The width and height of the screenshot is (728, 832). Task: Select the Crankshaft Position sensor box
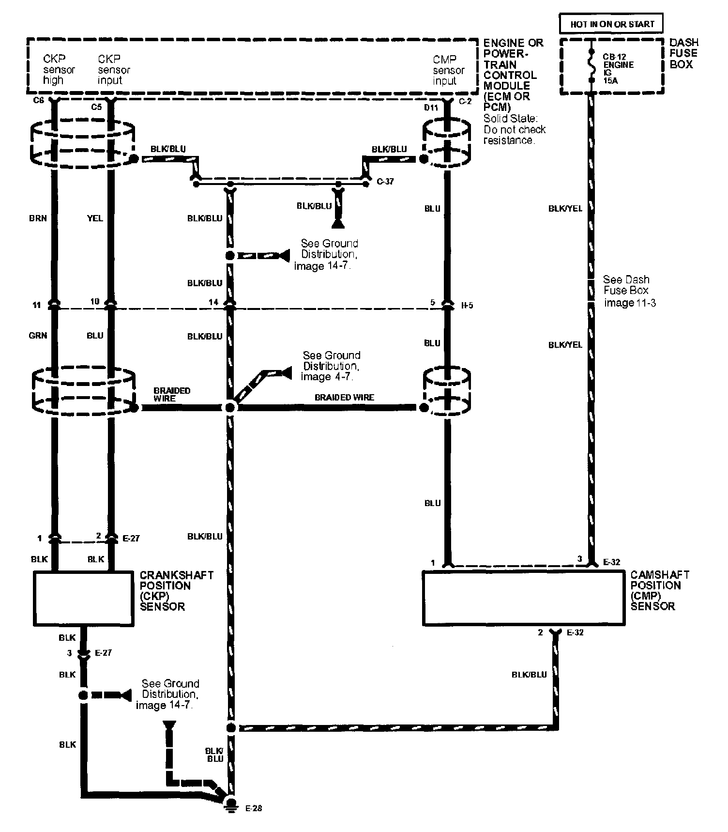83,599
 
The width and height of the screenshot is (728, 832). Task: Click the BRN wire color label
38,218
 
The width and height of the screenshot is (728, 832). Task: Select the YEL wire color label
95,218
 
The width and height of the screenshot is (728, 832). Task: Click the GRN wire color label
38,335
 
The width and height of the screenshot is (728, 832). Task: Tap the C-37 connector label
385,182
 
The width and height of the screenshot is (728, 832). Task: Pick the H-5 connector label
467,306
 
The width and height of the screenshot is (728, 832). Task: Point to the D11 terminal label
431,108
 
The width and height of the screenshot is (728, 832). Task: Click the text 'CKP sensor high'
59,69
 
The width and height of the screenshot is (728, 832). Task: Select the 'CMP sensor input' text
449,70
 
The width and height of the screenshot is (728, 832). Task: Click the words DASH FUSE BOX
684,53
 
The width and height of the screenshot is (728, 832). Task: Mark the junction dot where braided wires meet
230,408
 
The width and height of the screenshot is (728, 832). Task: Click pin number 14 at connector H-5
213,302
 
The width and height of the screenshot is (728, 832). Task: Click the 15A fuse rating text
610,81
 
